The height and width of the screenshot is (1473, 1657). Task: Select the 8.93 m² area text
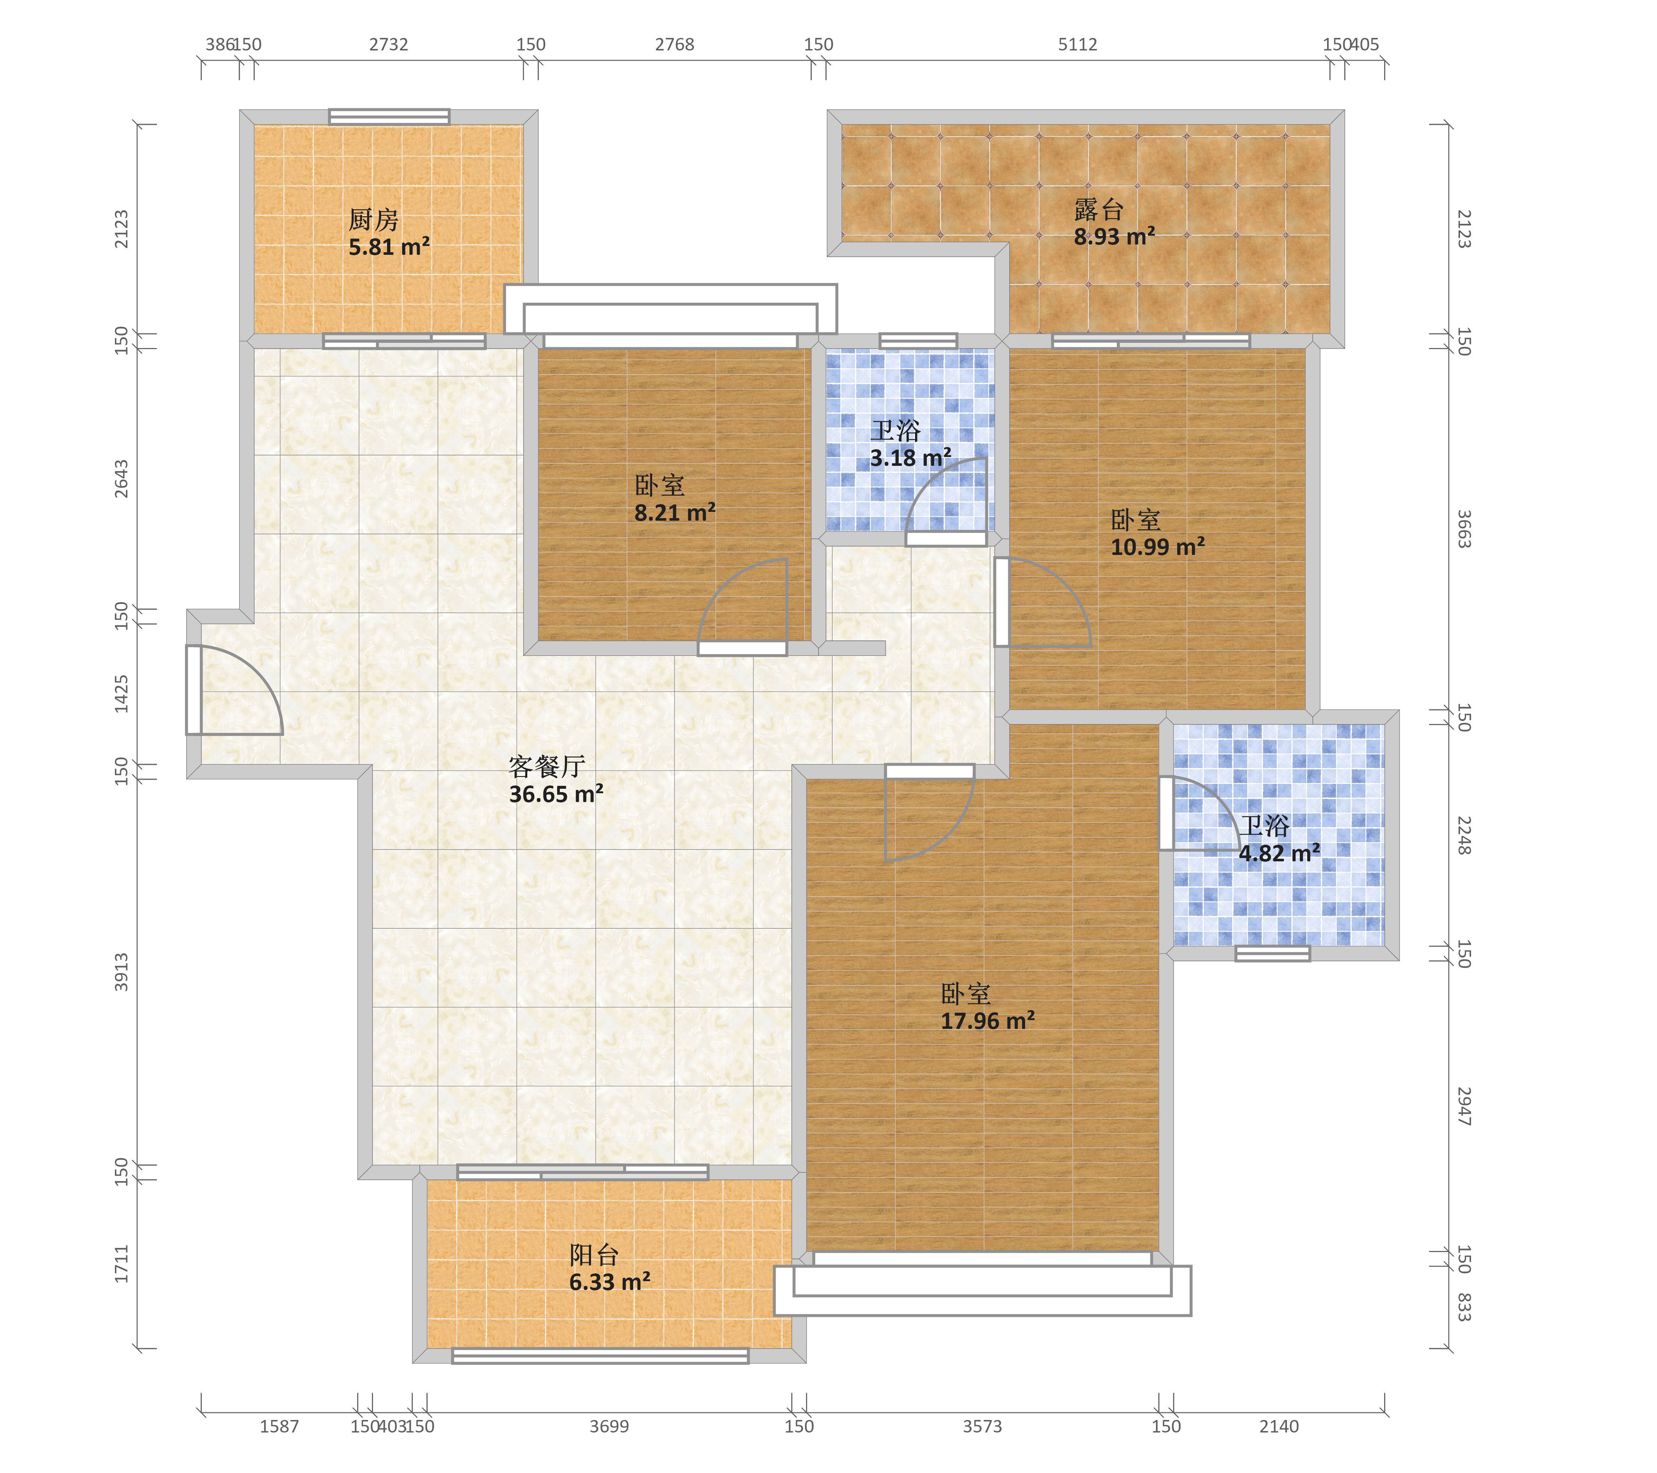(x=1115, y=237)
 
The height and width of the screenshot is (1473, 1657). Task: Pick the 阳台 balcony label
(x=594, y=1255)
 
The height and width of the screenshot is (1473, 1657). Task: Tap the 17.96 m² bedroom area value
(x=988, y=1021)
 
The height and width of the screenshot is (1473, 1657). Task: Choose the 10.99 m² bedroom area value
(x=1158, y=547)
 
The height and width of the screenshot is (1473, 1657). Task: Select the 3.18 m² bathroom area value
(x=910, y=458)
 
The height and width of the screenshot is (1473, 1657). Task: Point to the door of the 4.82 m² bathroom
(x=1200, y=813)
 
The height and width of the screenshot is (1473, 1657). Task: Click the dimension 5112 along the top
(x=1077, y=45)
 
